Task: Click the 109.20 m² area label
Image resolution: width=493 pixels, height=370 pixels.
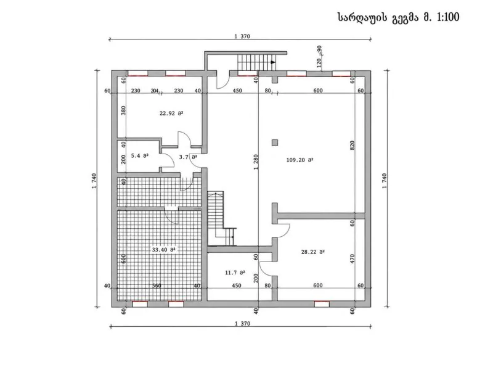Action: pos(299,160)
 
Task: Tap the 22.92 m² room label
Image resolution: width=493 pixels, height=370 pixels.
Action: pos(171,113)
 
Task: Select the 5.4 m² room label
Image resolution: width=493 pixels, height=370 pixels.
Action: pos(140,155)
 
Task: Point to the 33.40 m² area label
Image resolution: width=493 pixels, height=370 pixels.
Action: pos(163,250)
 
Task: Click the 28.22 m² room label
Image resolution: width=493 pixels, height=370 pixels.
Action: pos(313,252)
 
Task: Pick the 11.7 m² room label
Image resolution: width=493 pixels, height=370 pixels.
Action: pos(235,273)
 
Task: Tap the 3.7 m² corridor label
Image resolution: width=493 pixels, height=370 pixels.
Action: pos(188,157)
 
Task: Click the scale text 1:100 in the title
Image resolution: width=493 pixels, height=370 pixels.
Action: pos(448,17)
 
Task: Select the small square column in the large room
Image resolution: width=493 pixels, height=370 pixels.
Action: pos(275,142)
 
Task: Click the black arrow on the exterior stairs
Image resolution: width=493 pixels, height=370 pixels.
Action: pos(273,62)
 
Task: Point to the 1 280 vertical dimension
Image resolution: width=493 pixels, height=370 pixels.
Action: pos(256,162)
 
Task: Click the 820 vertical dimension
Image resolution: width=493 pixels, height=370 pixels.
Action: pos(352,145)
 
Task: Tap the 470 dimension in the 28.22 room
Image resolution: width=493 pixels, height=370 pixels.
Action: pos(352,258)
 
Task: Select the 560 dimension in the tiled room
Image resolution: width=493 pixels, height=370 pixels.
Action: pos(157,286)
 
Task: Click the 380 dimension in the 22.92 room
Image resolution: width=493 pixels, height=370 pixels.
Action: pos(123,110)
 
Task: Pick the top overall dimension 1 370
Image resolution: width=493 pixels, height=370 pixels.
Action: pos(242,36)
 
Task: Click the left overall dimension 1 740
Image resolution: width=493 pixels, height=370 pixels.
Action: pos(94,181)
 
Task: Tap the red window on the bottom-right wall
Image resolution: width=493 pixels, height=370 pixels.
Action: pos(322,303)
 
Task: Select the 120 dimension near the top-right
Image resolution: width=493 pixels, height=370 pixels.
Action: pos(319,63)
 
